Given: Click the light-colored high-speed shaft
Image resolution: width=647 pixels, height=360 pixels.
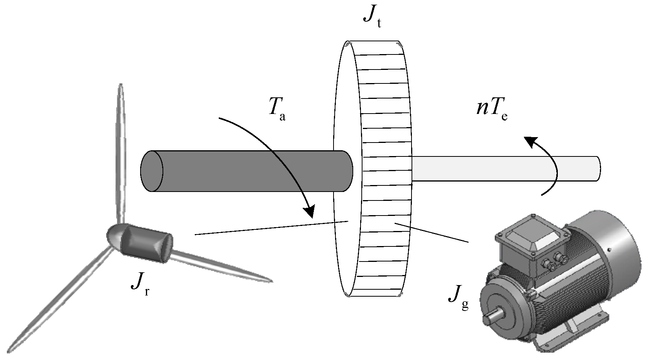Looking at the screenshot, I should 502,168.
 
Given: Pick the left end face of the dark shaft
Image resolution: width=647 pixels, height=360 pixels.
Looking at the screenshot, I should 151,171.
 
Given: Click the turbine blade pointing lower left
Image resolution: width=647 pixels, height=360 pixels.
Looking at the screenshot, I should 58,301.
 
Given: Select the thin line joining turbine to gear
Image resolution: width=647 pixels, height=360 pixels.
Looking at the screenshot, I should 270,228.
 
